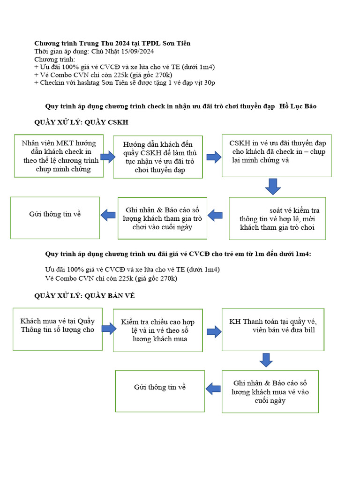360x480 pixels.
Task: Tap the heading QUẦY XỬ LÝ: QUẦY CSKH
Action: click(x=81, y=122)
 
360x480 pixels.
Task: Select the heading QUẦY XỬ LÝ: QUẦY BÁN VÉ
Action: click(x=85, y=295)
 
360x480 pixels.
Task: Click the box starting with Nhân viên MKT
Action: click(x=59, y=156)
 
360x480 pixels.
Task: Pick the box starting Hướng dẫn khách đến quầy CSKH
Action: click(x=158, y=157)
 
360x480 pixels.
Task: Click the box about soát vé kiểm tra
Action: click(x=277, y=218)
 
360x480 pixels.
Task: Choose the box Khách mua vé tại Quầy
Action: click(x=58, y=329)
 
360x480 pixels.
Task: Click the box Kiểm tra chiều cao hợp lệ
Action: click(x=158, y=330)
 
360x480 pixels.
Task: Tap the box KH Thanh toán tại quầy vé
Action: click(x=273, y=329)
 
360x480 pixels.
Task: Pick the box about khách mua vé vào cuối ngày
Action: click(x=270, y=391)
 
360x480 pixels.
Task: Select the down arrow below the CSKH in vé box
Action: click(x=273, y=186)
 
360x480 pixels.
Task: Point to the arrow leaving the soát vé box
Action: click(x=215, y=216)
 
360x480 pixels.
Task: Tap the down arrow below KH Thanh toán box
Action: click(x=266, y=360)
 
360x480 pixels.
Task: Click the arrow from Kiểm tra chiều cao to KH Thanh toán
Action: click(x=214, y=331)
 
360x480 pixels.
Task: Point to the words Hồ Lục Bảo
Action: click(x=298, y=106)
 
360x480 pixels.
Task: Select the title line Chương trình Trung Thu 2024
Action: click(x=112, y=44)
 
